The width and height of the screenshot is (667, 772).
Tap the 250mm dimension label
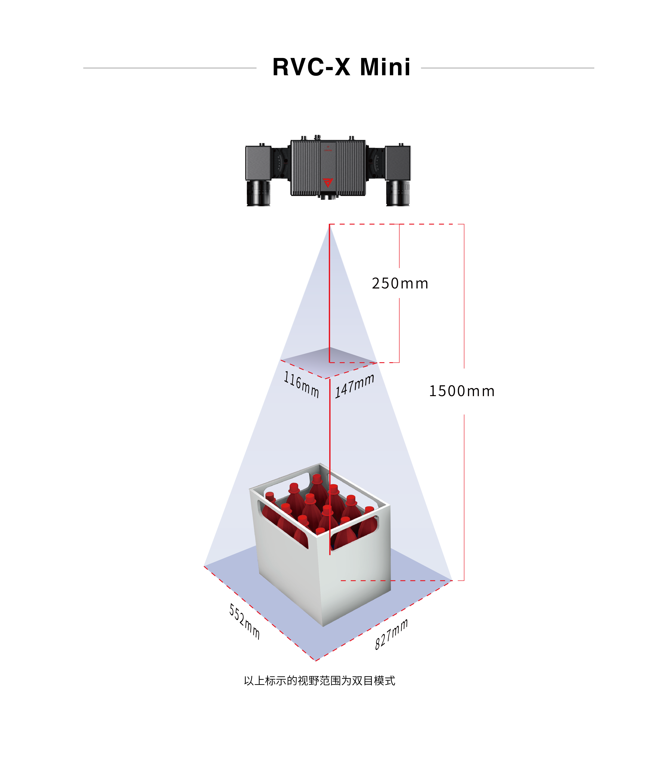pyautogui.click(x=400, y=284)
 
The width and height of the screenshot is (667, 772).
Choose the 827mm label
pyautogui.click(x=391, y=634)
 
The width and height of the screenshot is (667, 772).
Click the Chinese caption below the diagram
pyautogui.click(x=319, y=681)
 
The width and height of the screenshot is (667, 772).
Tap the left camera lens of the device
pyautogui.click(x=258, y=193)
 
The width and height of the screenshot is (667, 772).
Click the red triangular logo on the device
pyautogui.click(x=327, y=183)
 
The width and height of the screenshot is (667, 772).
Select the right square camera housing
pyautogui.click(x=398, y=163)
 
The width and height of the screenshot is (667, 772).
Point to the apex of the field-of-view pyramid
pyautogui.click(x=329, y=225)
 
